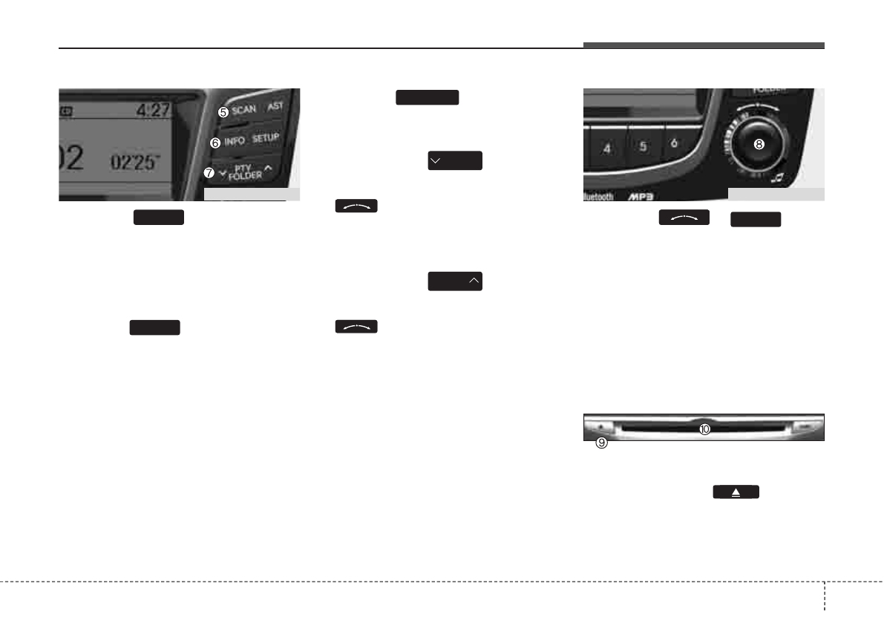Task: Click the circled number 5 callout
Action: tap(223, 112)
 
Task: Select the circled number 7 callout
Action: tap(209, 172)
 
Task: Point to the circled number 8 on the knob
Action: tap(759, 146)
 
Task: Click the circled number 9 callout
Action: tap(602, 443)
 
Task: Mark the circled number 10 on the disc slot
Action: tap(704, 428)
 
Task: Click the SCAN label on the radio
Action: tap(243, 110)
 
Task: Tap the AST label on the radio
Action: tap(275, 106)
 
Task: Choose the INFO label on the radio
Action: tap(235, 140)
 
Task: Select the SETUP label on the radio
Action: tap(265, 138)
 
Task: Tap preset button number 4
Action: tap(607, 149)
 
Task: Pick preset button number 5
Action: tap(643, 146)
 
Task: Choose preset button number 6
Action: tap(674, 144)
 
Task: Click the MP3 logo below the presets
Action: tap(642, 198)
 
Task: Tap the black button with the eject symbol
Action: tap(736, 492)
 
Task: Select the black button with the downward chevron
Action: tap(455, 160)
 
